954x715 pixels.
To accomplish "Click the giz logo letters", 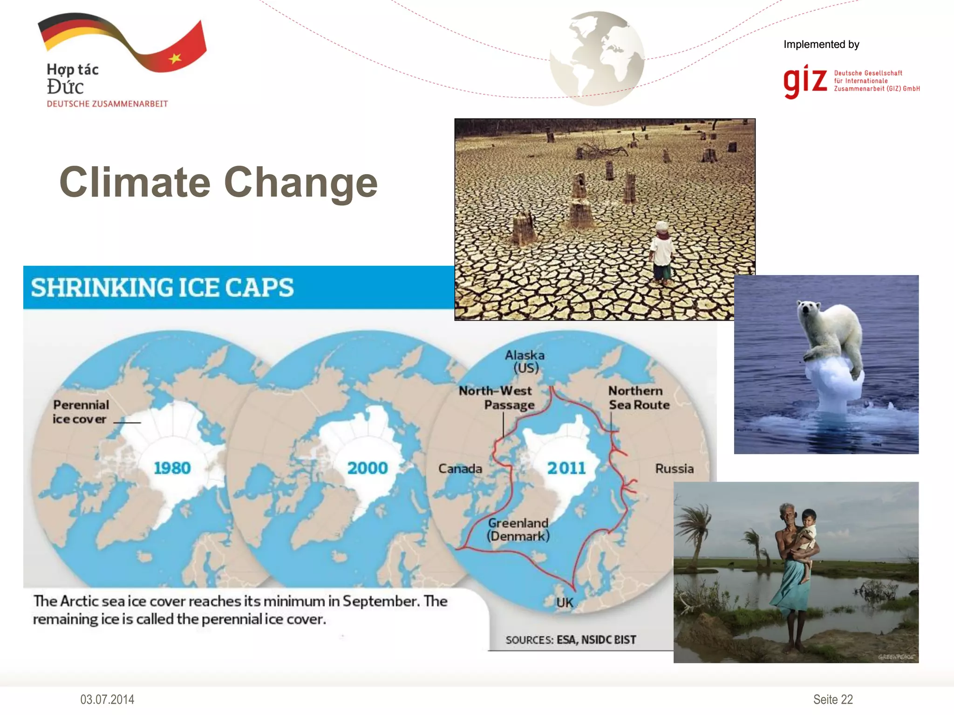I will coord(805,81).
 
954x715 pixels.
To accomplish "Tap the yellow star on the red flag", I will coord(175,58).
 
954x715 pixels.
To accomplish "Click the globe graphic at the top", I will coord(597,58).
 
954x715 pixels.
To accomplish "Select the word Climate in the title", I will coord(135,182).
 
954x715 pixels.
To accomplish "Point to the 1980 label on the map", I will coord(172,468).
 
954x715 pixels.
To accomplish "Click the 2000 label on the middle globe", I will coord(368,468).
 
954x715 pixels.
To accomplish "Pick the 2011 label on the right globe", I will coord(566,468).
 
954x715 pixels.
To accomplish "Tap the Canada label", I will coord(460,468).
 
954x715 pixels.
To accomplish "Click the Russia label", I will coord(674,468).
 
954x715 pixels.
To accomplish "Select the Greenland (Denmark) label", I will coord(518,529).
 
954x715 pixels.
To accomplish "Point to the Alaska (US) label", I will coord(525,361).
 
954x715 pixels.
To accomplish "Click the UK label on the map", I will coord(565,603).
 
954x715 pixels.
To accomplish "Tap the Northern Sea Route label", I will coord(638,398).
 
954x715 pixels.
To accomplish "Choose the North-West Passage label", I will coord(497,398).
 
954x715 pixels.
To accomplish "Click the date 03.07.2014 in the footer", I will coord(107,699).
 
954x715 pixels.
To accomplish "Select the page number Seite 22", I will coord(833,699).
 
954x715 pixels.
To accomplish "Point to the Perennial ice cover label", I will coord(80,411).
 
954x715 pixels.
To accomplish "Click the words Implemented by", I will coord(821,44).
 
